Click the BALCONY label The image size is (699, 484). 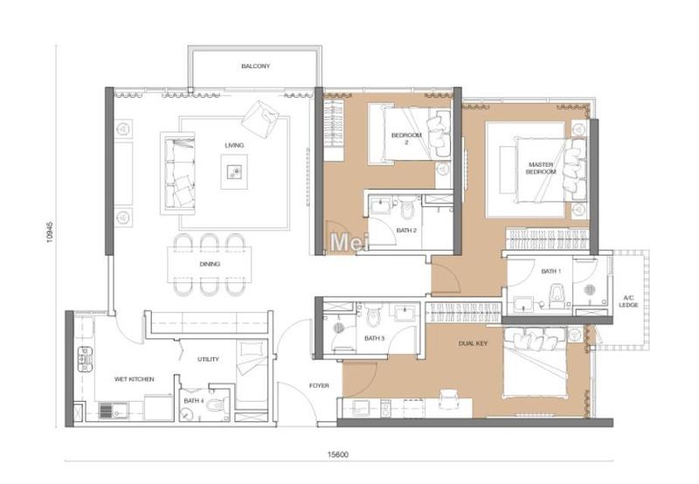click(x=255, y=66)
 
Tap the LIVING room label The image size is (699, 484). click(x=233, y=145)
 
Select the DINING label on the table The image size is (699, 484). click(x=210, y=264)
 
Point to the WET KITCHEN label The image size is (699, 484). click(x=135, y=379)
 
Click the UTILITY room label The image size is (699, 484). click(x=208, y=359)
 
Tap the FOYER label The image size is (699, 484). click(x=319, y=385)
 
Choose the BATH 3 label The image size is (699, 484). click(x=374, y=338)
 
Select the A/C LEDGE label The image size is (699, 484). click(x=627, y=301)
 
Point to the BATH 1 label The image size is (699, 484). click(x=550, y=272)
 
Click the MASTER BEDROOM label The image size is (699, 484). click(x=541, y=168)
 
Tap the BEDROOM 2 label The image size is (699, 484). click(x=406, y=138)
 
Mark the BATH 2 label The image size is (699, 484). click(x=406, y=230)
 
